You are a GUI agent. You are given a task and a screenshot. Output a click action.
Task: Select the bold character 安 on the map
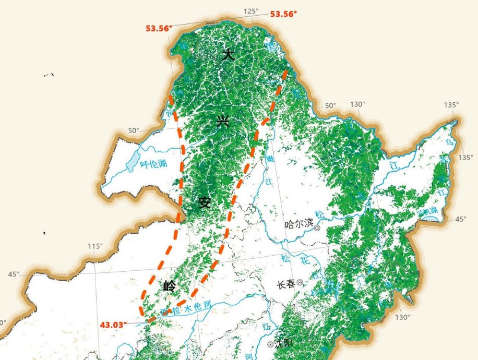(x=204, y=202)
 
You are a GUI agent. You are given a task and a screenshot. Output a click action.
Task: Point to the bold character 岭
(x=170, y=286)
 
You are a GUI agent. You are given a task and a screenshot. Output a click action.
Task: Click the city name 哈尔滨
(x=298, y=225)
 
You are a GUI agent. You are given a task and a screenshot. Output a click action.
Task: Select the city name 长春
(x=285, y=284)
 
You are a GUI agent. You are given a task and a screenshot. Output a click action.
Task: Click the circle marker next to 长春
(x=300, y=283)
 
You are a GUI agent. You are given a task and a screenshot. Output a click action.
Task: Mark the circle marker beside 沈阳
(x=270, y=344)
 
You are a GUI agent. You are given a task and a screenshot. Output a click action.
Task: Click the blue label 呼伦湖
(x=153, y=164)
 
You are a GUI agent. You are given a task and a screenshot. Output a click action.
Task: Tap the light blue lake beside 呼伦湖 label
(x=133, y=160)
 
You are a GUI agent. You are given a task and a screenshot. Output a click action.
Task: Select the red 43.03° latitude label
(x=113, y=325)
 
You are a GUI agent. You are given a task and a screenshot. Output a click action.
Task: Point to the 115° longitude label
(x=95, y=246)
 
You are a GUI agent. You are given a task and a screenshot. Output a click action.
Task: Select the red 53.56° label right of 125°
(x=283, y=14)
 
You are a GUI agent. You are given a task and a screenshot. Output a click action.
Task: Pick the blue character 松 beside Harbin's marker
(x=320, y=215)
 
